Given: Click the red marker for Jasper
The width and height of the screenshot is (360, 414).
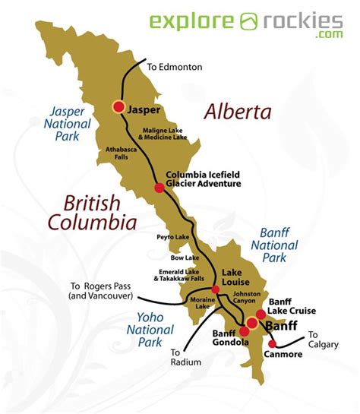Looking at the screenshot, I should [x=118, y=107].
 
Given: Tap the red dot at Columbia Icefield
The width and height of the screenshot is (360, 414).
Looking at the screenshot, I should [x=158, y=188].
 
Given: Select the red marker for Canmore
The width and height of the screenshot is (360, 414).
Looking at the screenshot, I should [x=273, y=343].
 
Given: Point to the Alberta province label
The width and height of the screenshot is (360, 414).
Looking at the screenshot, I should [x=237, y=112].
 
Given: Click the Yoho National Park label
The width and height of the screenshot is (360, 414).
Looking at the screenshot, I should [x=153, y=330].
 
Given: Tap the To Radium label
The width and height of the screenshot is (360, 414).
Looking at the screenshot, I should [x=186, y=357].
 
